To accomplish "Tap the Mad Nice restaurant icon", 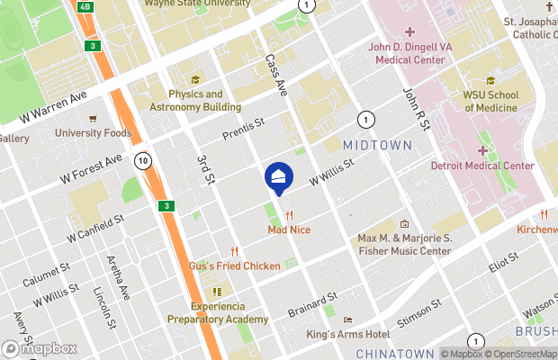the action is pos(289,215).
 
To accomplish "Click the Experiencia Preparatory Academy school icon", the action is pos(217,292).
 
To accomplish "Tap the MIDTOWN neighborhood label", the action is pos(378,145).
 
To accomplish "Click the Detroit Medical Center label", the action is pos(482,166).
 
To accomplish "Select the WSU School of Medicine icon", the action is pos(490,80).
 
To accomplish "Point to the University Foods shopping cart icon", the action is pos(93,118).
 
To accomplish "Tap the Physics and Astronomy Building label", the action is pos(195,100).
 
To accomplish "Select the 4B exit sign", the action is pos(85,6).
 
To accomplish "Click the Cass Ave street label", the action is pos(275,75).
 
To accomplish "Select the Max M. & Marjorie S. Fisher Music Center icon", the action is pos(404,224).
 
